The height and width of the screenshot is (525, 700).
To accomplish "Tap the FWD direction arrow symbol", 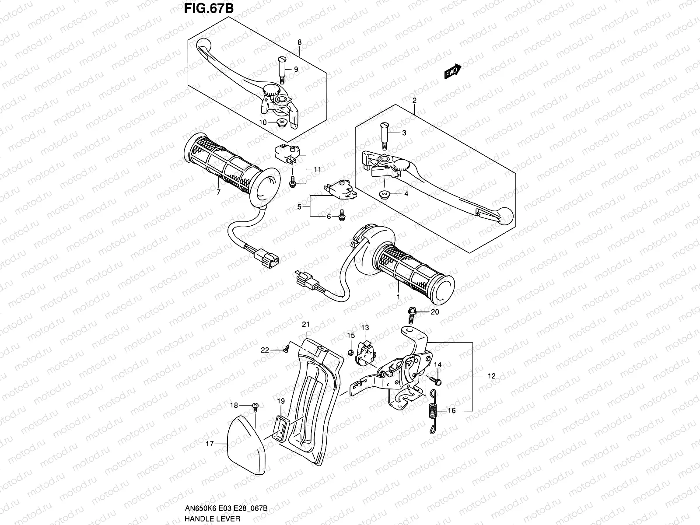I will point(452,72).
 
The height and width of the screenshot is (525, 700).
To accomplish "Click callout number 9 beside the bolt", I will point(296,70).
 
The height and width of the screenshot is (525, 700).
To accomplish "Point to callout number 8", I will point(299,42).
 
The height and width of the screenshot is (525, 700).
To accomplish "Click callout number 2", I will point(414,100).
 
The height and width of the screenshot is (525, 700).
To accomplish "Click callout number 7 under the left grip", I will point(218,192).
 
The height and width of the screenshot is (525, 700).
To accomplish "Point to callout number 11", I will point(317,169).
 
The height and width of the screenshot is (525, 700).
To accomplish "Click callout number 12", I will point(492,376).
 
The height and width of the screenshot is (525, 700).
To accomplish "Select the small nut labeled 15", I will point(350,352).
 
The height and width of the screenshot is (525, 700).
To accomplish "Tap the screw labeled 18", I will point(256,406).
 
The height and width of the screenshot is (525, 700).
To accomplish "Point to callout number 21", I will point(306,324).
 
